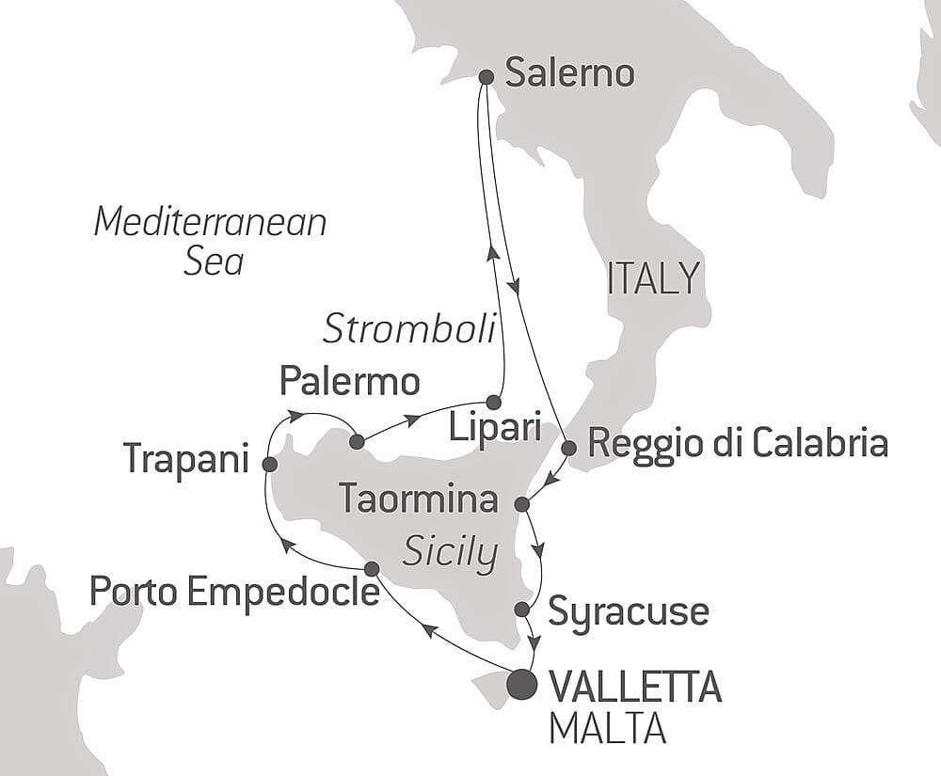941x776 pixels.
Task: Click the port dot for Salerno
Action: (486, 77)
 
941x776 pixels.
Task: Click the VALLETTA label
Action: (633, 688)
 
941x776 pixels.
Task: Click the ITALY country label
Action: (654, 278)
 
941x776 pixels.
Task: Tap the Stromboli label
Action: (408, 329)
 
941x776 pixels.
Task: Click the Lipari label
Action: (494, 430)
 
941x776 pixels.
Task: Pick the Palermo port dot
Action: (356, 441)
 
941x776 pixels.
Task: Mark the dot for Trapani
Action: (269, 464)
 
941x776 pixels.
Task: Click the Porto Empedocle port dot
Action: (372, 568)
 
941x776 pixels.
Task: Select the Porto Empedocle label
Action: (234, 593)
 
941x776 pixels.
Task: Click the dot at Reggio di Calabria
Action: (568, 448)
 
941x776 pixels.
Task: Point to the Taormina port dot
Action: (524, 505)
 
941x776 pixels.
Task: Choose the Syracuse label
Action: (628, 611)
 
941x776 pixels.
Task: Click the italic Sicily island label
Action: (450, 554)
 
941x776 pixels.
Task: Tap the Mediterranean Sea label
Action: (211, 242)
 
